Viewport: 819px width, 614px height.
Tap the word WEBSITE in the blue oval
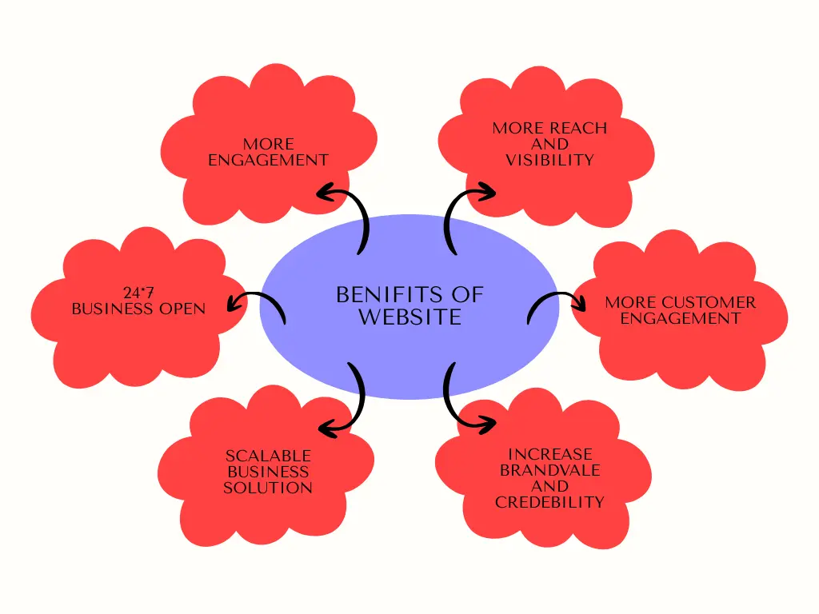click(x=409, y=317)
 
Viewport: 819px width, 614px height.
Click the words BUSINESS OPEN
click(x=138, y=309)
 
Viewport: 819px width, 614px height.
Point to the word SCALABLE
click(x=267, y=457)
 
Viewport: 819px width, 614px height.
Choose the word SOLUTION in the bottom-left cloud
click(x=267, y=488)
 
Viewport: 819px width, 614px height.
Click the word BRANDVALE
click(x=549, y=471)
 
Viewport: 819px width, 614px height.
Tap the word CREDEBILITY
click(x=549, y=503)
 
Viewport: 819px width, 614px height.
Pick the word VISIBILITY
click(x=549, y=160)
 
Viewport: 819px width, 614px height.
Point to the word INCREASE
click(x=549, y=455)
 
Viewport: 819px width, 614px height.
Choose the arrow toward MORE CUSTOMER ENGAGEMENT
click(x=556, y=305)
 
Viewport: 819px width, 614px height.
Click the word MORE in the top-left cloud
click(x=268, y=145)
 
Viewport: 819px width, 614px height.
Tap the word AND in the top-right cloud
click(x=549, y=144)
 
